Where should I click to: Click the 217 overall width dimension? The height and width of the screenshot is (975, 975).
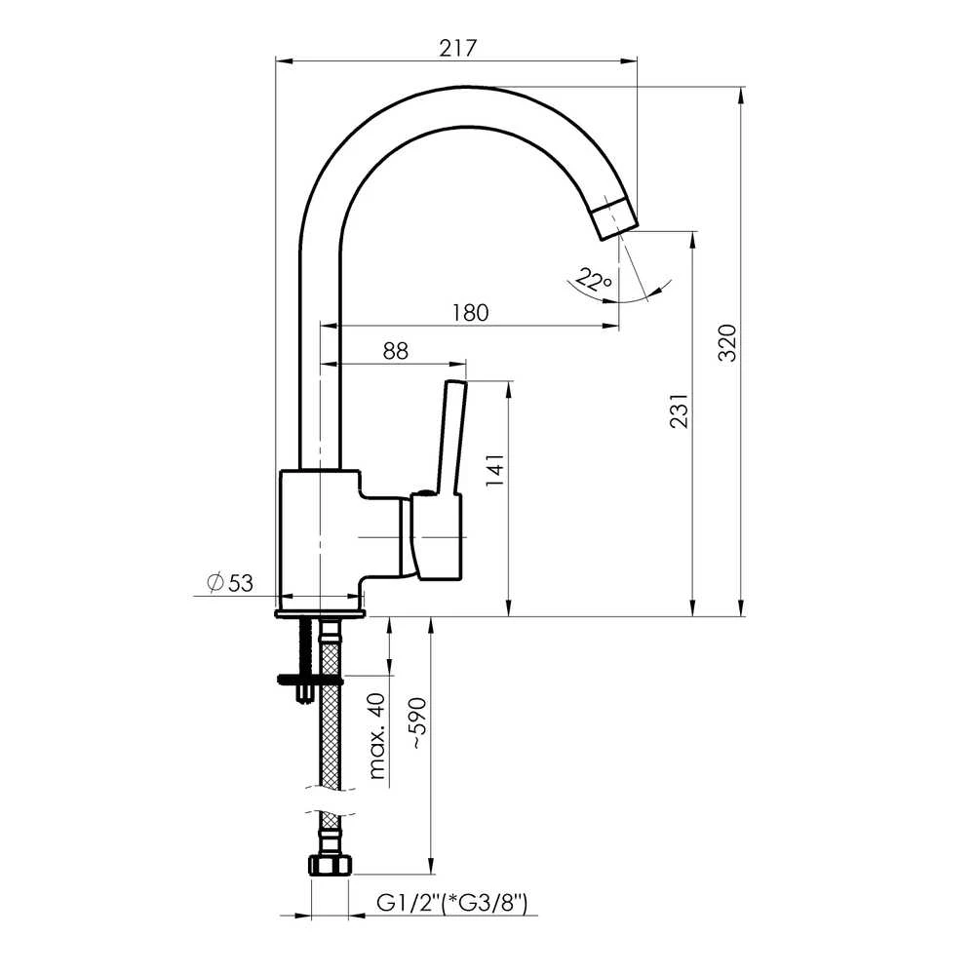pyautogui.click(x=457, y=48)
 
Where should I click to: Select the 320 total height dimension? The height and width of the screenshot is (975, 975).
pyautogui.click(x=727, y=342)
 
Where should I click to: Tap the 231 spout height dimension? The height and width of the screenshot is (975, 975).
pyautogui.click(x=680, y=410)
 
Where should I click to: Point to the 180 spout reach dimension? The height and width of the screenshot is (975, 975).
pyautogui.click(x=470, y=312)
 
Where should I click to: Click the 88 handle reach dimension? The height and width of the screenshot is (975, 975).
pyautogui.click(x=396, y=351)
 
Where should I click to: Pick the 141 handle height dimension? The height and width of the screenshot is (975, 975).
pyautogui.click(x=495, y=470)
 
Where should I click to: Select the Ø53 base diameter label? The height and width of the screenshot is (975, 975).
pyautogui.click(x=230, y=583)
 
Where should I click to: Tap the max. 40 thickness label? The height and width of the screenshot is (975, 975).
pyautogui.click(x=377, y=735)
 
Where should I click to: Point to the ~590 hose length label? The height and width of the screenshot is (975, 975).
pyautogui.click(x=418, y=723)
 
